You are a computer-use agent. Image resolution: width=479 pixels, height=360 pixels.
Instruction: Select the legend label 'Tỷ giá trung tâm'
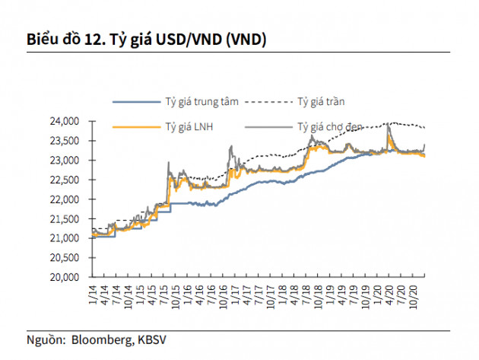click(199, 100)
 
